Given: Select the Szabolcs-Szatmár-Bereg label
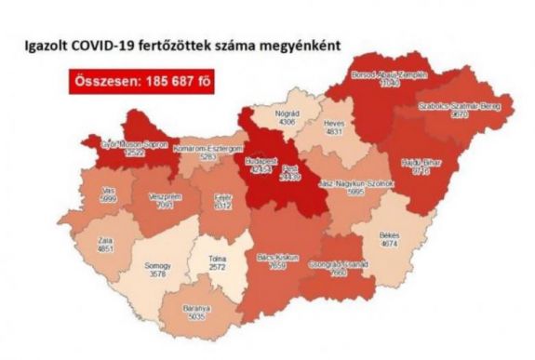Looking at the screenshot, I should pyautogui.click(x=457, y=108).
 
